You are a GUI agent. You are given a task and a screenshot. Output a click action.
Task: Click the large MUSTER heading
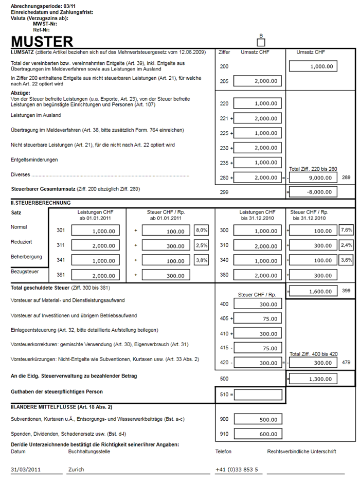[42, 42]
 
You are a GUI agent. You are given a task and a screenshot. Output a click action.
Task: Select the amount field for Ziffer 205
[258, 81]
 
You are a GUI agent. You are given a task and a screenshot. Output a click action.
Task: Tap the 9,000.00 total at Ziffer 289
[313, 177]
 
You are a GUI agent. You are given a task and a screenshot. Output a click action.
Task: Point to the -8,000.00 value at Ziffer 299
[313, 192]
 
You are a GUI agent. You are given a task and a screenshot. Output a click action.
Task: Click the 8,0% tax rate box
[201, 230]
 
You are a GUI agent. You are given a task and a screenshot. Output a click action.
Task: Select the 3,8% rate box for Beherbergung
[201, 260]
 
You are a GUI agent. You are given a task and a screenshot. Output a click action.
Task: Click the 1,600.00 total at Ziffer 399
[313, 291]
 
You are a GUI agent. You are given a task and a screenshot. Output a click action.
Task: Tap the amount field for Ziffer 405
[258, 318]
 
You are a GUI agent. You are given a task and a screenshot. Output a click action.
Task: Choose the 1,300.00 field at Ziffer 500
[313, 379]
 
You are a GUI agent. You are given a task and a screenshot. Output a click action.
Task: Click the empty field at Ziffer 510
[258, 395]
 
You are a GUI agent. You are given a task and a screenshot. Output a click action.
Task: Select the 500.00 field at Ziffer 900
[258, 419]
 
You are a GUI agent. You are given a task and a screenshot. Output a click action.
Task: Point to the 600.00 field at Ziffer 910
[258, 434]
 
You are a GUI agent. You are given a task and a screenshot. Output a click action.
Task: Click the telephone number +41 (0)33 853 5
[237, 469]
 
